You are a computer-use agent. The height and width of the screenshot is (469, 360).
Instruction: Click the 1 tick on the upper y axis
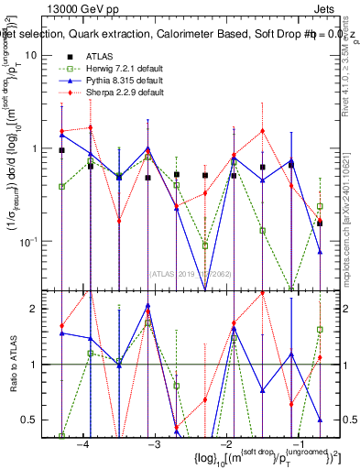45,148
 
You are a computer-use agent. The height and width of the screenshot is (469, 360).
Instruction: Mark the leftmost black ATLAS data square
61,150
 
